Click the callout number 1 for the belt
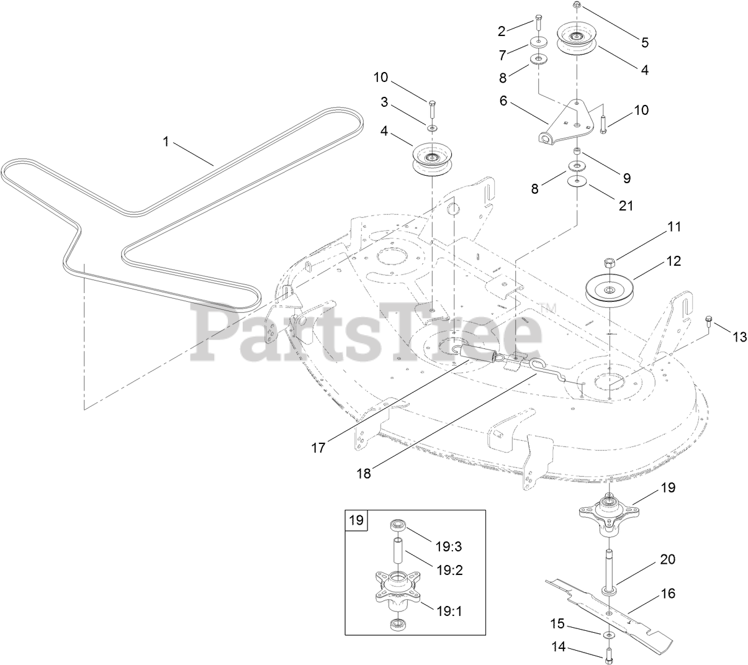point(166,142)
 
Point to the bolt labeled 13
point(710,322)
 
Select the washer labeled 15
point(606,635)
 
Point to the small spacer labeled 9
point(578,152)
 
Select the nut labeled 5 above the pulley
point(577,5)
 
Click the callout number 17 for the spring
point(318,448)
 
